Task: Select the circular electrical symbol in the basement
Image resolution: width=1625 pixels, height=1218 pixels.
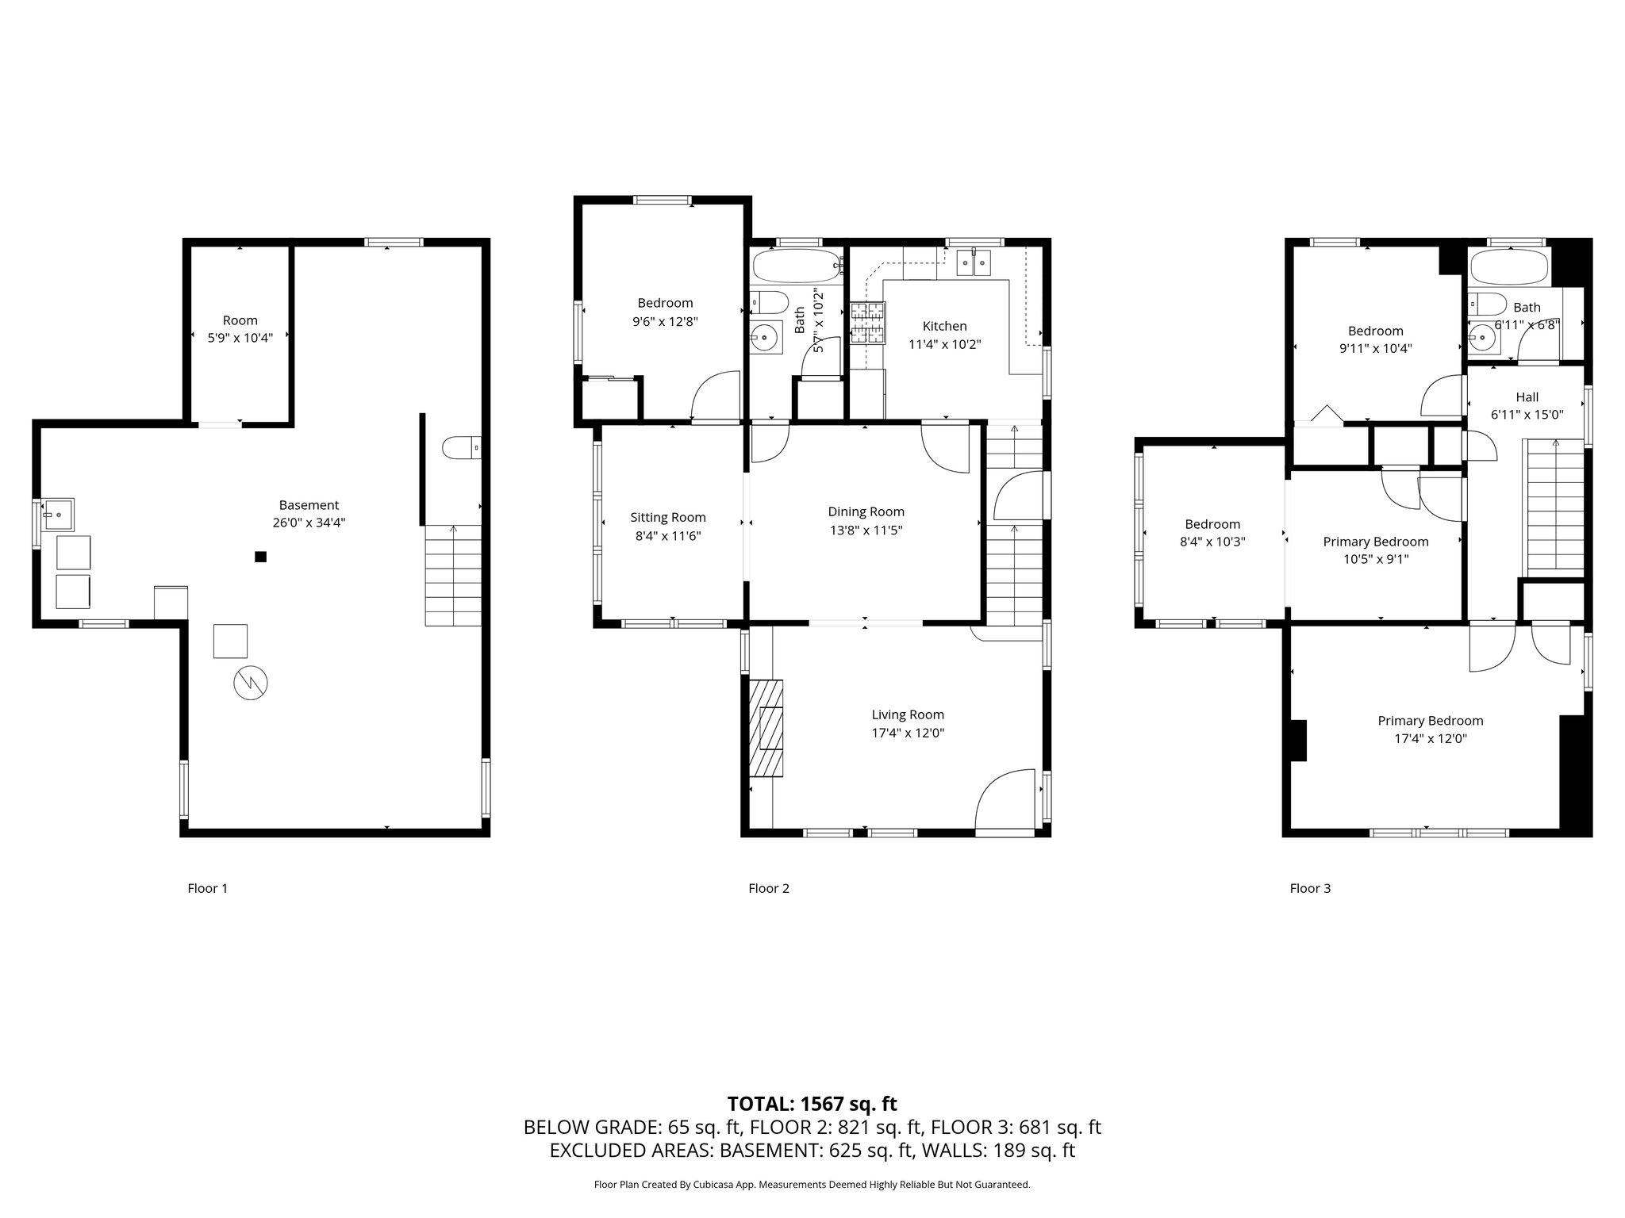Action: coord(251,683)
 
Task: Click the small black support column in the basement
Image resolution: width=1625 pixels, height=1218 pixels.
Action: coord(260,557)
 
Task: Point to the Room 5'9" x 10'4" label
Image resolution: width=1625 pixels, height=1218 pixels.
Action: coord(240,329)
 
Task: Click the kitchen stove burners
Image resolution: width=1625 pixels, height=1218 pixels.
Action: coord(867,324)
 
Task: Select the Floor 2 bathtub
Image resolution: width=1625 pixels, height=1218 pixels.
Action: coord(796,267)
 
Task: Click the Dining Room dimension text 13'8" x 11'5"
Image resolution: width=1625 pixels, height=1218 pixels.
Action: coord(866,530)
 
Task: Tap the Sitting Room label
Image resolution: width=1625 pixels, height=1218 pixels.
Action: coord(668,517)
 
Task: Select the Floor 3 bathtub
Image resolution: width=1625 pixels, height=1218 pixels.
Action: coord(1508,268)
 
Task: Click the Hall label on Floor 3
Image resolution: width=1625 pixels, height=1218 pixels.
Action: coord(1527,397)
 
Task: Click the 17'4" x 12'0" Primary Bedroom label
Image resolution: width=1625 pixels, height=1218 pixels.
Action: coord(1430,730)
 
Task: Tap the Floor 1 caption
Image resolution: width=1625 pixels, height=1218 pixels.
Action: coord(208,888)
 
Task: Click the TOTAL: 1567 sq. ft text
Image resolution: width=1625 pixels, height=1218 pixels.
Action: coord(812,1103)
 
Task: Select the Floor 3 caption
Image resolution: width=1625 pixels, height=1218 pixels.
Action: coord(1310,888)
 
